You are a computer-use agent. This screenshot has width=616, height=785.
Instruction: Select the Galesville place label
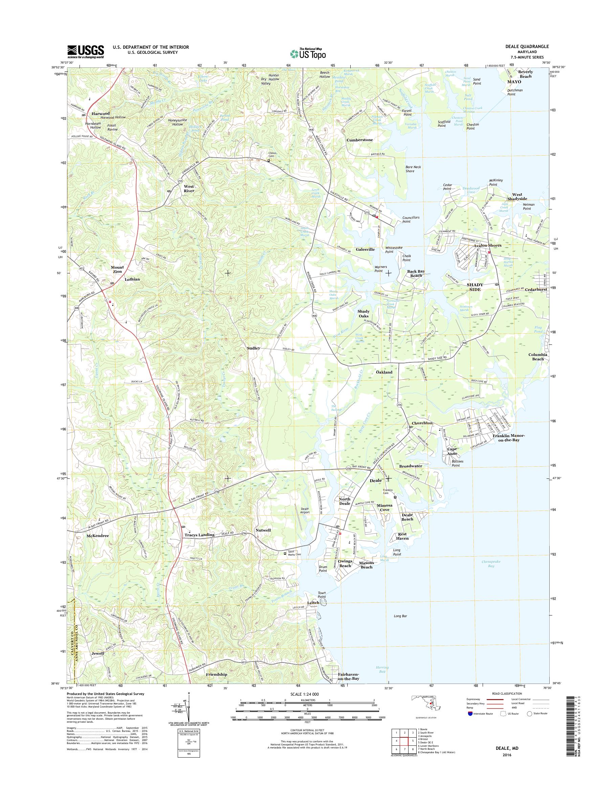tap(365, 249)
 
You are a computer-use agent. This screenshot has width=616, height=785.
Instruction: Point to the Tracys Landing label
tap(199, 534)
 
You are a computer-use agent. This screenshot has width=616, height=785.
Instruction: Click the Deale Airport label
tap(305, 511)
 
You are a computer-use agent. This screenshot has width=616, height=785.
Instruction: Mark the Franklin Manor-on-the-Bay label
tap(508, 438)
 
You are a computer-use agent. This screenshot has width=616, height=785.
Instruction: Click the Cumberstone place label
tap(359, 139)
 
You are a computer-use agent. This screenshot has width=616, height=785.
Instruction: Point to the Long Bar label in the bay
tap(400, 616)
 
